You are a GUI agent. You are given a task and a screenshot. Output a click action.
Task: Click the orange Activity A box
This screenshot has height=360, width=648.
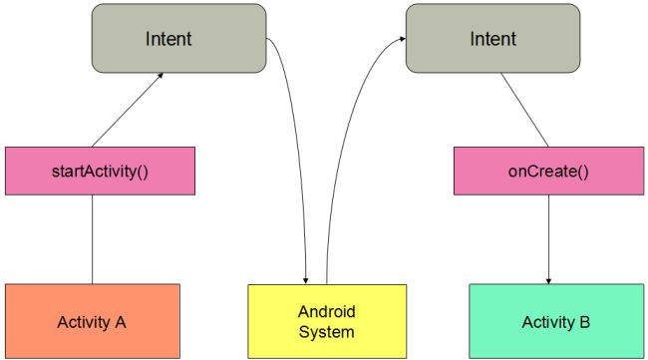(92, 321)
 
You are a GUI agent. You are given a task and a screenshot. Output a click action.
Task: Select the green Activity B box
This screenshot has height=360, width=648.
(555, 321)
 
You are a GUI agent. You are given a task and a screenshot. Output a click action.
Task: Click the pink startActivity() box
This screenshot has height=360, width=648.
(100, 171)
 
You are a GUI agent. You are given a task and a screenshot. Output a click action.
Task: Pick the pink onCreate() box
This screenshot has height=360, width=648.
(548, 171)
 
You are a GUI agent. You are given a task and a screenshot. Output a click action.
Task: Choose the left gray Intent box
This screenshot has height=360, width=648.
(178, 39)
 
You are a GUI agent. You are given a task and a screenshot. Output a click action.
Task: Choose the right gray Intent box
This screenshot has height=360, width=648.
(492, 39)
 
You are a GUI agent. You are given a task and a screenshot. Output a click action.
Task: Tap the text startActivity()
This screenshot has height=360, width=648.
(100, 171)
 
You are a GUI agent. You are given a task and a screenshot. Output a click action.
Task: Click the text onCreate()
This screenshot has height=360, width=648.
(548, 171)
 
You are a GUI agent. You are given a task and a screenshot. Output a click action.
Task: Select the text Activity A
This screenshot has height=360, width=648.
(92, 322)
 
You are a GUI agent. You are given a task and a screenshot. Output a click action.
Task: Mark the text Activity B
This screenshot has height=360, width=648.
(555, 322)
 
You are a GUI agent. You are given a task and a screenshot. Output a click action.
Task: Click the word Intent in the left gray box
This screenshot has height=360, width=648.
(168, 40)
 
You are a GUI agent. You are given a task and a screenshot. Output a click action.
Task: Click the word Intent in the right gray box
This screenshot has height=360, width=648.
(492, 40)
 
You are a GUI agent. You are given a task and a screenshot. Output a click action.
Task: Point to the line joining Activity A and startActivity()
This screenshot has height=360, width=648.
(93, 239)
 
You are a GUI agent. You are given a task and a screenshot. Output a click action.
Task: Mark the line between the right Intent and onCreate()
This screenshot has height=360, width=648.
(522, 110)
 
